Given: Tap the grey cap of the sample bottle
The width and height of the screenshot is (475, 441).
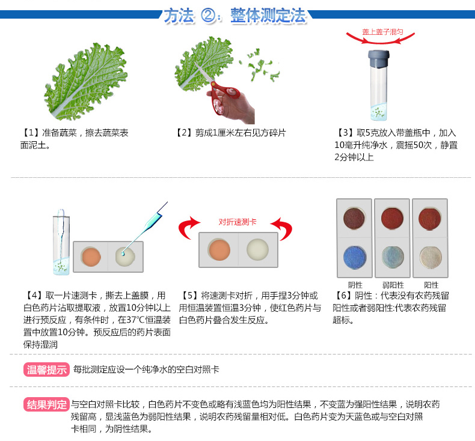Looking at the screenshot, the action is pos(378,59).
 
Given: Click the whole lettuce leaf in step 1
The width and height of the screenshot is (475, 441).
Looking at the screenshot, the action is pos(87,81).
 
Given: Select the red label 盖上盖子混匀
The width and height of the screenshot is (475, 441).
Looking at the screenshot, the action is pos(382,32).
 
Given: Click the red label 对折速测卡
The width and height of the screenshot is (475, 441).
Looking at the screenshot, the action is pos(237,222).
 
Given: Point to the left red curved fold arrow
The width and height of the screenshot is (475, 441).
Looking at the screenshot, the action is pos(188,227).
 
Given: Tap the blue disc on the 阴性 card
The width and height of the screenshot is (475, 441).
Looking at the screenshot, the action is pos(354,257).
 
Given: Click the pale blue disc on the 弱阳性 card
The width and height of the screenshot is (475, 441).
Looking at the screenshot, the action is pos(393,257).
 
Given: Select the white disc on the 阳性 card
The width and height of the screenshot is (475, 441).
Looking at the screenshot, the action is pos(431,257).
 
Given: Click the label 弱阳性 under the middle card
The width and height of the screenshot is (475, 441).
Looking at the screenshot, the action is pos(393,285).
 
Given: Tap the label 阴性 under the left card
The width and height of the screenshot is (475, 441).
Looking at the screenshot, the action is pos(355,285).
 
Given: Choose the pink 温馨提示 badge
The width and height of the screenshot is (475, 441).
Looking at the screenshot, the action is pos(46,370).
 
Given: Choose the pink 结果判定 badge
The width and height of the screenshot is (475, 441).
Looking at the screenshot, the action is pos(46,404).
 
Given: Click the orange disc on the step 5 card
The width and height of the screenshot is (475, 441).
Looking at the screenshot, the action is pos(219,250).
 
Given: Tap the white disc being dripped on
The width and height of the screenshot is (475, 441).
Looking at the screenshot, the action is pos(125,257).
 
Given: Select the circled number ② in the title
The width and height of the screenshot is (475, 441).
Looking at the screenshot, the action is pos(209,16).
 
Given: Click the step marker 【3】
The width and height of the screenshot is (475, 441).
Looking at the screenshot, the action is pos(345,133).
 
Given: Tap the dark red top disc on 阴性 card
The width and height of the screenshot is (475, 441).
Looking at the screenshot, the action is pos(354,218).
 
